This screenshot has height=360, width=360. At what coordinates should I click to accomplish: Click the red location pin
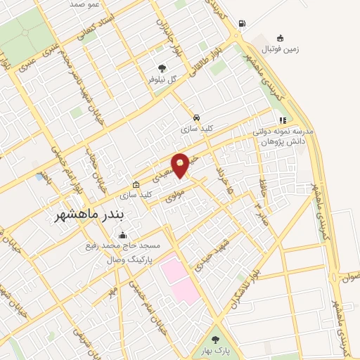click(x=181, y=165)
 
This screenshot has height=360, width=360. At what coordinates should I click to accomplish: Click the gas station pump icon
click(x=242, y=23)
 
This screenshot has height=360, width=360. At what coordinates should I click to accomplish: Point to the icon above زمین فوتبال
click(x=280, y=37)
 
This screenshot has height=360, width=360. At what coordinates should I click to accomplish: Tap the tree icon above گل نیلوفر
click(x=162, y=68)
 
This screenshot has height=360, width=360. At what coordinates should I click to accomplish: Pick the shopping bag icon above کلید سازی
click(x=127, y=183)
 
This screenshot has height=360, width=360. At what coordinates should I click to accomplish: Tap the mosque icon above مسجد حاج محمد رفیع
click(x=124, y=235)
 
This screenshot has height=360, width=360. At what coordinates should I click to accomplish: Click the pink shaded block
click(x=180, y=278)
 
